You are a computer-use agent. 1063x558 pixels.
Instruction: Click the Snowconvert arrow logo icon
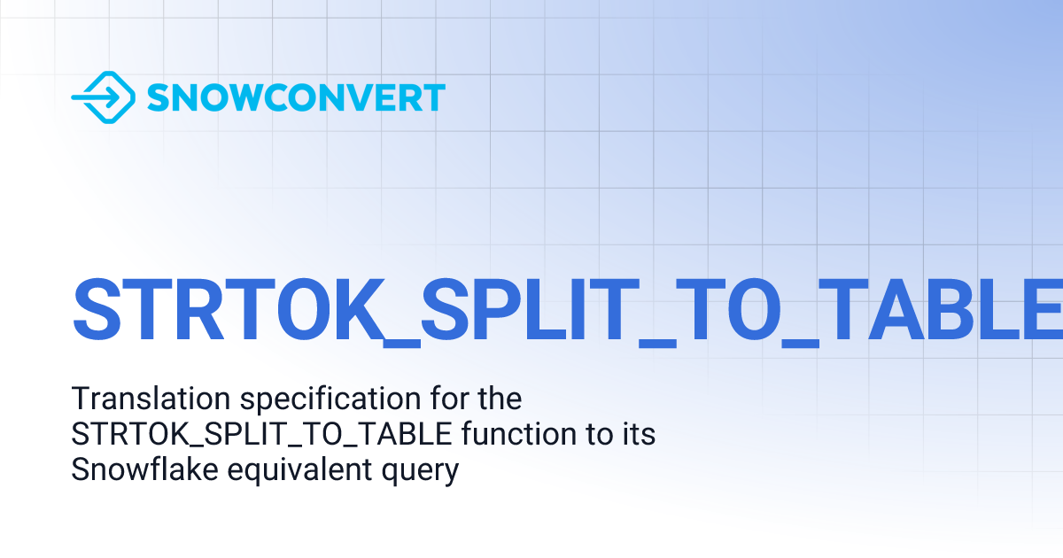pos(103,97)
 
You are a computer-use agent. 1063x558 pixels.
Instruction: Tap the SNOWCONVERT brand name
pos(296,97)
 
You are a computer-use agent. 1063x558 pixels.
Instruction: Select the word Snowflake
pos(142,470)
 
